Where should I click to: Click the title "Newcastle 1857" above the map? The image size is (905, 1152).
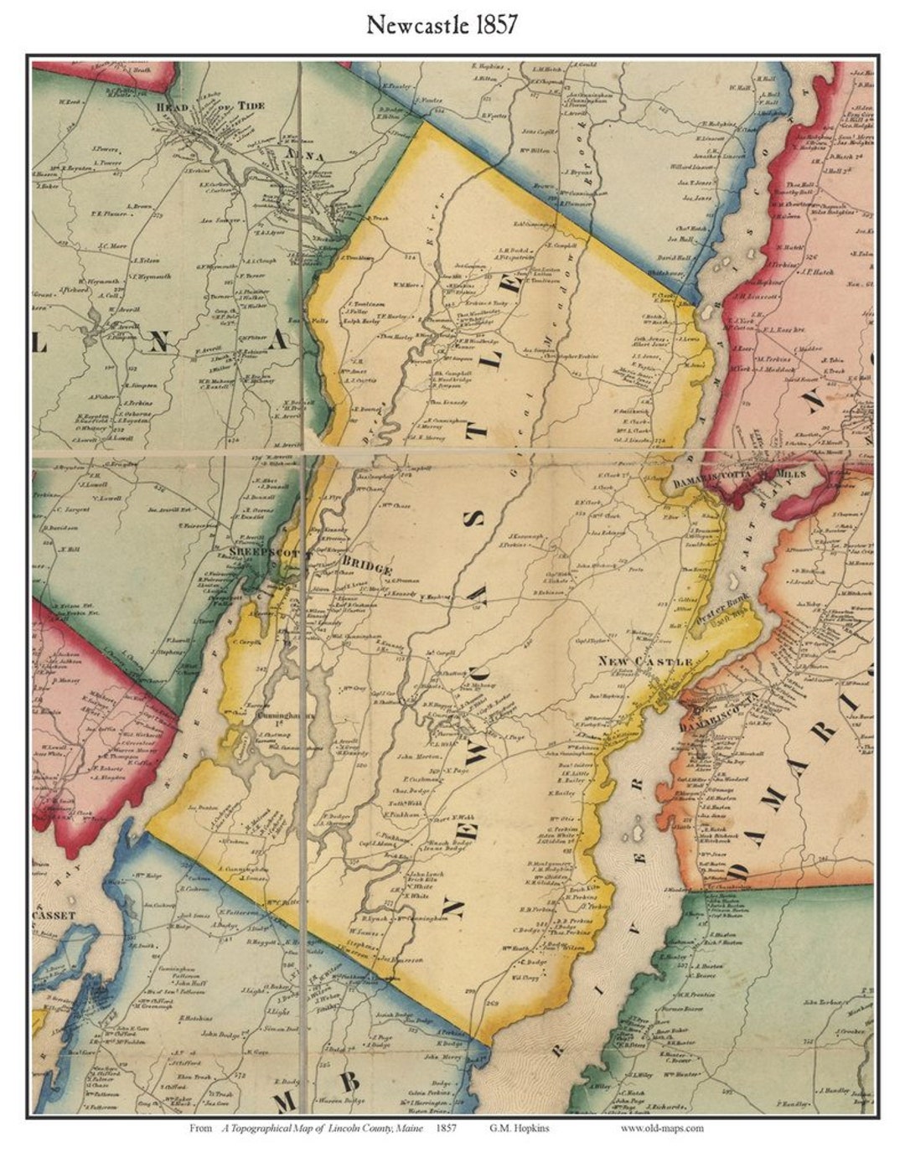pos(442,26)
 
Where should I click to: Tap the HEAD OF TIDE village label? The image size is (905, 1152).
pos(199,105)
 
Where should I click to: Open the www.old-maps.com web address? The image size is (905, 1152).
pos(662,1128)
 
